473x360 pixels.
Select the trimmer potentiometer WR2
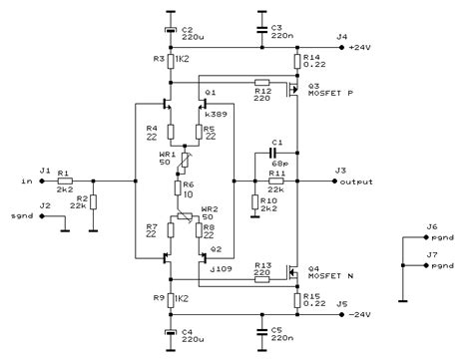click(x=182, y=217)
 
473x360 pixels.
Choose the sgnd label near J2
click(x=20, y=214)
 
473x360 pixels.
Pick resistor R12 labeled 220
click(x=261, y=82)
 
